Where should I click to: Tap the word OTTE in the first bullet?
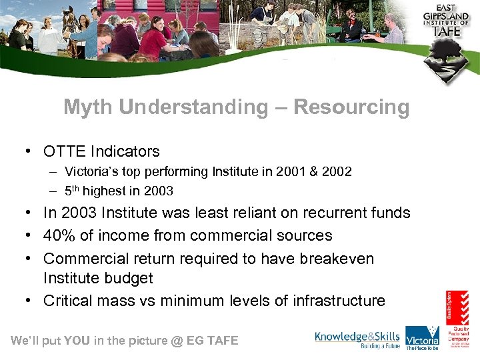click(x=65, y=151)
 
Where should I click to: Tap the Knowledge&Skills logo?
click(x=357, y=339)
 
